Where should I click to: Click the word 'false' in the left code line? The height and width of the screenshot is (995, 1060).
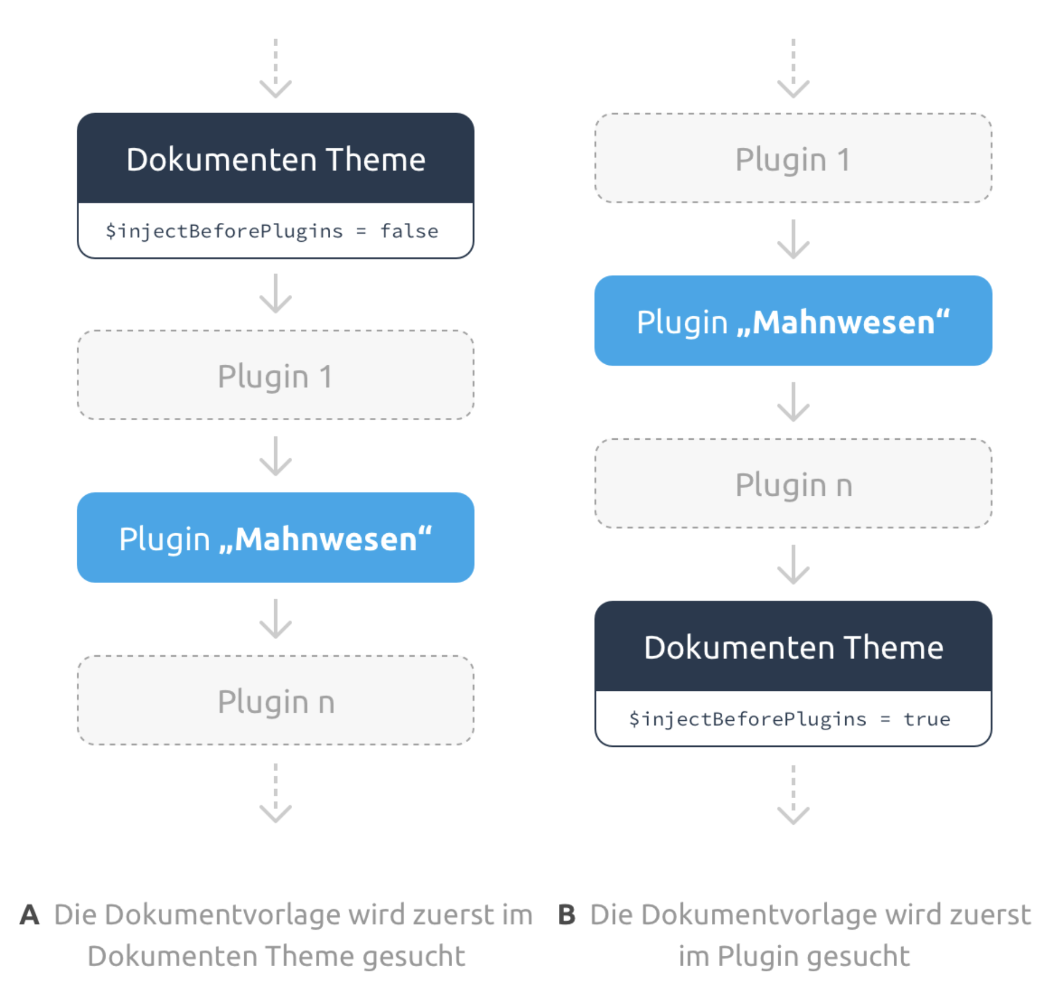coord(409,231)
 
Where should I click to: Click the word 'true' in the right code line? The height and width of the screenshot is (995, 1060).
coord(927,719)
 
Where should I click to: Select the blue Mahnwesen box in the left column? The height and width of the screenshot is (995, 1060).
coord(275,537)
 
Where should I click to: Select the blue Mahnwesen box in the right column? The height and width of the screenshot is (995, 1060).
coord(793,320)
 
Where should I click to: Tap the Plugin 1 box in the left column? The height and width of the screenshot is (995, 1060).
coord(275,375)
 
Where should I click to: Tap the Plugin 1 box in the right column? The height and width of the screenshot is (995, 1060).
coord(793,158)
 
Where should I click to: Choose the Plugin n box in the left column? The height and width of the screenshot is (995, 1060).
coord(275,700)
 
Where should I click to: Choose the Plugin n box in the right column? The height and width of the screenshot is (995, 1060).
coord(793,484)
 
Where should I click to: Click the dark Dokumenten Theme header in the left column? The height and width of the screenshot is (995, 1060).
coord(275,158)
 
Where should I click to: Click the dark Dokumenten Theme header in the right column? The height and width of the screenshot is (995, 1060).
coord(793,646)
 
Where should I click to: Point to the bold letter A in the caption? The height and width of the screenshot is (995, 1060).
coord(29,915)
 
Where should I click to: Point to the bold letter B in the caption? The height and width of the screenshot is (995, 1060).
coord(566,915)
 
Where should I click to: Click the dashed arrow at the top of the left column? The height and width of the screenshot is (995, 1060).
coord(275,68)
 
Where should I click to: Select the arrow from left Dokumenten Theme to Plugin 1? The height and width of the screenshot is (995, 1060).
coord(275,294)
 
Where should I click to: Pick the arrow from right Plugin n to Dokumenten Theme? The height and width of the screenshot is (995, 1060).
coord(793,564)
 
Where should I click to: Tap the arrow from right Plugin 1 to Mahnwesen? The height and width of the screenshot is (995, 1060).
coord(793,239)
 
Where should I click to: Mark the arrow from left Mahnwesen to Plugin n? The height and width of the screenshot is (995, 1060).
coord(275,619)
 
